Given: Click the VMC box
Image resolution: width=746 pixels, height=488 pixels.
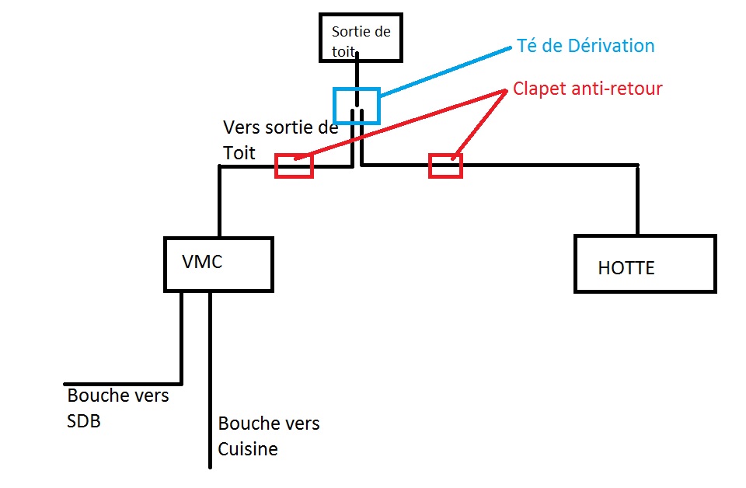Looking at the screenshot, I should coord(218,264).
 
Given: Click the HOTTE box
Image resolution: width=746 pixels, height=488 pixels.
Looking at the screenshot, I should coord(644,263).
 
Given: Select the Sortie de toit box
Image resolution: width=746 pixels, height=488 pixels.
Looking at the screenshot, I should coord(361,37).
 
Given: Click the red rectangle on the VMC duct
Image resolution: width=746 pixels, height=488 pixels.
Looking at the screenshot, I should coord(294,166).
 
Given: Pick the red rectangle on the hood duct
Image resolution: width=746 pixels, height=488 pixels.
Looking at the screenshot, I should coord(445,166).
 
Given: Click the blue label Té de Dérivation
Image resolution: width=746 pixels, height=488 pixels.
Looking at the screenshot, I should coord(585,46).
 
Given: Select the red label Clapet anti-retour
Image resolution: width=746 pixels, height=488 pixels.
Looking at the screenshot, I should coord(587,89).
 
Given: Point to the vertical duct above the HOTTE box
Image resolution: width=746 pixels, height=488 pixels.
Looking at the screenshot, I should coord(637,200).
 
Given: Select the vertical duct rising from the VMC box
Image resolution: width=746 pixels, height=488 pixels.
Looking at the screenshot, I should coord(220,202).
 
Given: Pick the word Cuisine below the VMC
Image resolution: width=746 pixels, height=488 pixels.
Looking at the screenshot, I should coord(247,449).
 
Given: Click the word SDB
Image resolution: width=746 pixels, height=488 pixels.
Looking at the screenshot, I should coord(84,422).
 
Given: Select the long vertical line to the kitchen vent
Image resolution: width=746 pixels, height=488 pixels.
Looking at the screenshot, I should coord(211,381).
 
